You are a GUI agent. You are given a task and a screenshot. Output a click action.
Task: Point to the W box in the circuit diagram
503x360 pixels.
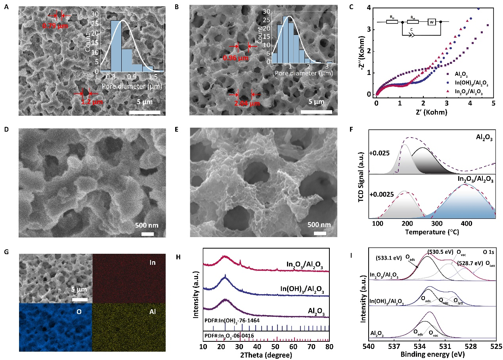pos(432,22)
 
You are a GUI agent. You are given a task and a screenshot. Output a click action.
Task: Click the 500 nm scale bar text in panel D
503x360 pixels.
pos(147,226)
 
